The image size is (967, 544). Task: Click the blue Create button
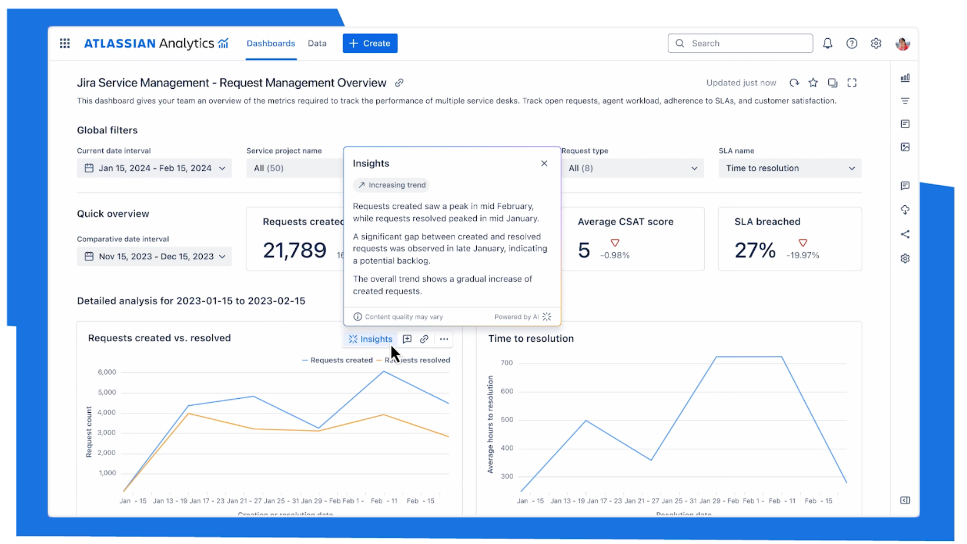370,44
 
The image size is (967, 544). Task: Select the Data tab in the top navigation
317,44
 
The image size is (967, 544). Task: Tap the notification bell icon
827,44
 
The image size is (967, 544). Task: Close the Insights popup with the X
544,163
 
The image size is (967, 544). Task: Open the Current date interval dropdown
154,168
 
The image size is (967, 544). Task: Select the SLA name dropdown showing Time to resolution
789,168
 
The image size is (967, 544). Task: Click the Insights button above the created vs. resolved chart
370,339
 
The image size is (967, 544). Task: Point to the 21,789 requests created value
295,251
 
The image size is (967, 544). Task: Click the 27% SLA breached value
755,251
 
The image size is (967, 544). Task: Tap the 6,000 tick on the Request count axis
107,372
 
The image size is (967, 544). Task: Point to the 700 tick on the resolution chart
507,363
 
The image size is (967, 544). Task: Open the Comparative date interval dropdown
154,256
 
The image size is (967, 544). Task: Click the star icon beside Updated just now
813,83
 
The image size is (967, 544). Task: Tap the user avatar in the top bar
902,44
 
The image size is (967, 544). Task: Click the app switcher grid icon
65,44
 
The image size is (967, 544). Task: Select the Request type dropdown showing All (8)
633,168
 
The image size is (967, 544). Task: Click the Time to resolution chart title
531,339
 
